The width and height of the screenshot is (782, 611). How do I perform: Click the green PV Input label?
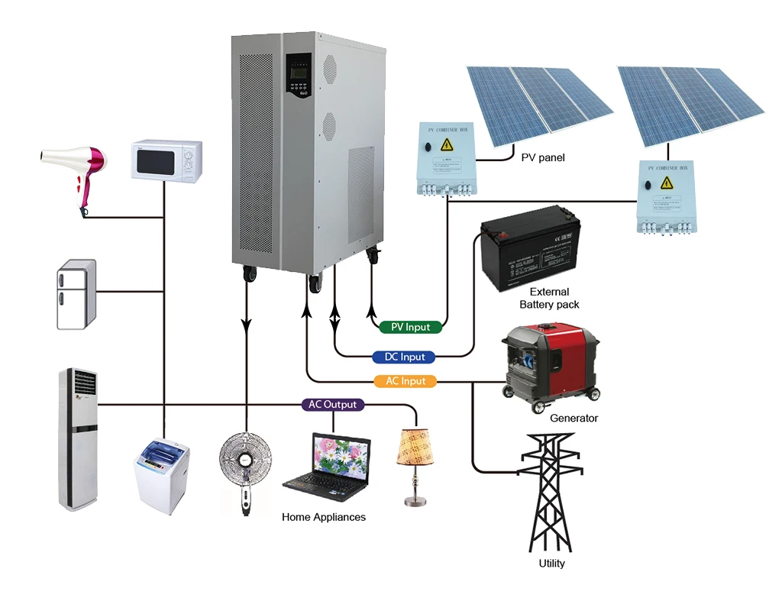[410, 327]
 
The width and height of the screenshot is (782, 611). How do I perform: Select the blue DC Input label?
[404, 357]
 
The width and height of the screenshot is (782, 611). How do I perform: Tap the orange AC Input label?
[406, 380]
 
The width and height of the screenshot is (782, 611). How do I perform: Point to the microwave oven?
[166, 160]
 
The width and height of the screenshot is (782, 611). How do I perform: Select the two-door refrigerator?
[76, 295]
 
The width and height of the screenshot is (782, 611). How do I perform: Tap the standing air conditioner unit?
[79, 438]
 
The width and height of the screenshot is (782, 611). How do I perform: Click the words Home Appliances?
[324, 517]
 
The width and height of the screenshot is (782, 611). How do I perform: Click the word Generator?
[574, 418]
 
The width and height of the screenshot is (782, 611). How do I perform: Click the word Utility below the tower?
[551, 564]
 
